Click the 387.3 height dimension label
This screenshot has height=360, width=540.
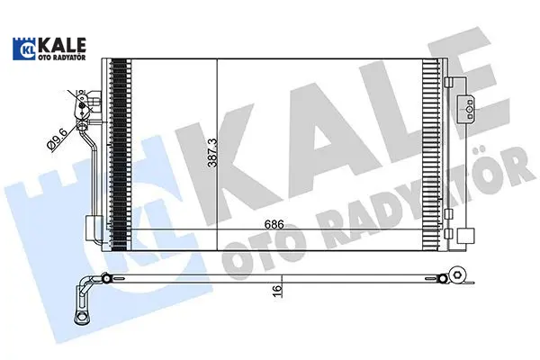pos(212,153)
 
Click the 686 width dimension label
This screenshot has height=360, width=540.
pos(274,225)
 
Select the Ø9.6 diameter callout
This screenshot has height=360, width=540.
pos(56,140)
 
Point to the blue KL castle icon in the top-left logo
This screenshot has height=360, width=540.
pos(25,49)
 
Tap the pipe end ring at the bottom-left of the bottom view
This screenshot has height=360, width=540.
pos(82,316)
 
